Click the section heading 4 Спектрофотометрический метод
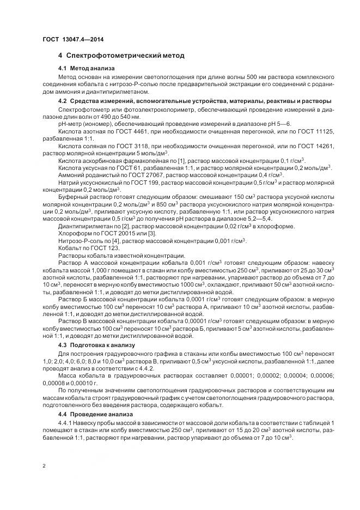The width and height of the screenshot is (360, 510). pos(121,56)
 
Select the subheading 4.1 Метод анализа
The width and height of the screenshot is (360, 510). pos(86,69)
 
